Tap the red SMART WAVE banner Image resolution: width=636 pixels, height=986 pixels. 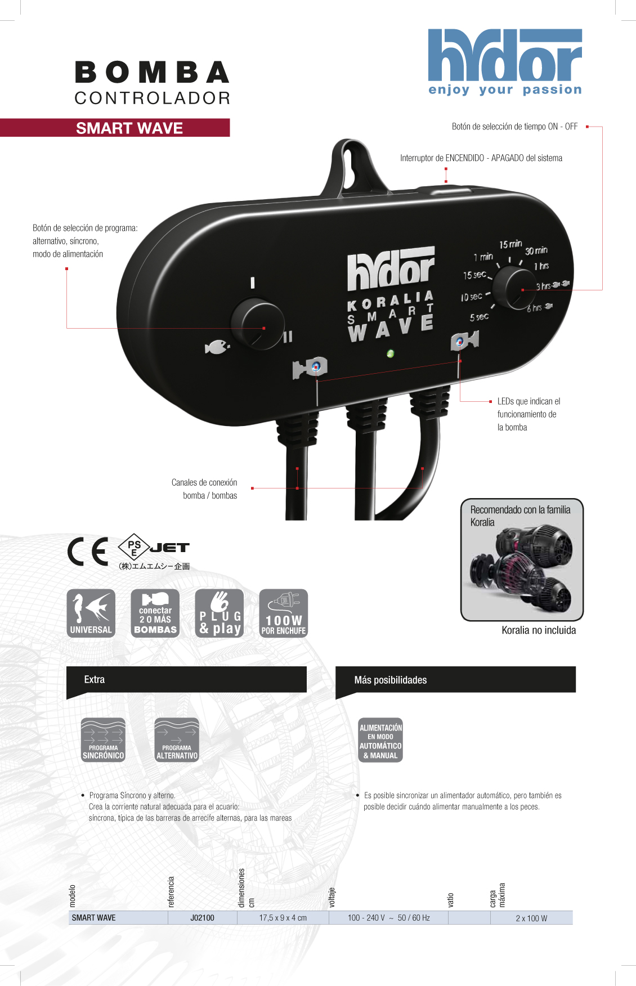pyautogui.click(x=129, y=128)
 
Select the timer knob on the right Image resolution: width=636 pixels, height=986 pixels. pyautogui.click(x=514, y=288)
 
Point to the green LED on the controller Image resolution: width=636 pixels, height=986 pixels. pyautogui.click(x=390, y=353)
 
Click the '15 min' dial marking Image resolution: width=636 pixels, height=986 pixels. pyautogui.click(x=510, y=244)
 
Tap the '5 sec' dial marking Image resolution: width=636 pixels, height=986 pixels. pyautogui.click(x=479, y=317)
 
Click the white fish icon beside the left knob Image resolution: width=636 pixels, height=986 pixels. pyautogui.click(x=217, y=347)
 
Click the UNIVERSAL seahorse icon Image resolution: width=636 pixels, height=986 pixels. pyautogui.click(x=91, y=613)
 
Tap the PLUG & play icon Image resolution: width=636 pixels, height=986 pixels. pyautogui.click(x=220, y=613)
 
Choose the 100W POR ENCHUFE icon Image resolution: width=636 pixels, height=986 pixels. pyautogui.click(x=283, y=613)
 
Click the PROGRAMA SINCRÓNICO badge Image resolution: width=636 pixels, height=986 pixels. pyautogui.click(x=103, y=740)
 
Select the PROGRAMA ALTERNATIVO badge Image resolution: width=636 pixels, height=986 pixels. pyautogui.click(x=177, y=740)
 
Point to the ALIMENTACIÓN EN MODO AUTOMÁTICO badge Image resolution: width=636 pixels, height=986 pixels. pyautogui.click(x=380, y=740)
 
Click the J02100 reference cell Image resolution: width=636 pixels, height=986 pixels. pyautogui.click(x=202, y=918)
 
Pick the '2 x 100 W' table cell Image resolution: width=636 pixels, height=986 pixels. pyautogui.click(x=531, y=918)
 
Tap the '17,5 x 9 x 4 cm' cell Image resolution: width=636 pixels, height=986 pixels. pyautogui.click(x=283, y=918)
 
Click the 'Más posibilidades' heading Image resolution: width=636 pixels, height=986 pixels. pyautogui.click(x=390, y=680)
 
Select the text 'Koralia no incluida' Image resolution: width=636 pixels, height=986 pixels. pyautogui.click(x=539, y=630)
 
